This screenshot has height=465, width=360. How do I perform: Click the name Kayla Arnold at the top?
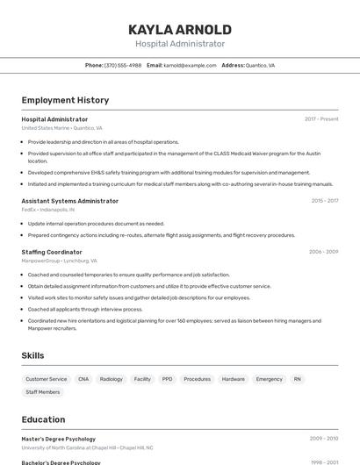pos(180,29)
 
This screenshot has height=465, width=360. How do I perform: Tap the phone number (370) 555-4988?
pos(122,65)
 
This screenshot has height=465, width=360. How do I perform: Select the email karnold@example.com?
pos(190,65)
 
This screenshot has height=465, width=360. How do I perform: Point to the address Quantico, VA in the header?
pos(260,65)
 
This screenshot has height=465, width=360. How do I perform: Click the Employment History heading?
pos(65,100)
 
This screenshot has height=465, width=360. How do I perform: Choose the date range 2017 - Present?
pos(321,119)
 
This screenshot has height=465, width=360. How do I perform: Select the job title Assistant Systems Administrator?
pos(69,201)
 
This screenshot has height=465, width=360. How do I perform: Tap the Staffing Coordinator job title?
pos(52,252)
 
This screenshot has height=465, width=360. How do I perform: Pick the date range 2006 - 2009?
pos(323,252)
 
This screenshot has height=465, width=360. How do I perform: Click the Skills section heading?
pos(33,355)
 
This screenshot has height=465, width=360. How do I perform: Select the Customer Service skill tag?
pos(47,379)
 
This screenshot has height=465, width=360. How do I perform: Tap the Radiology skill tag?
pos(112,379)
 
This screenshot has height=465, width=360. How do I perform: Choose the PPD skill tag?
pos(167,379)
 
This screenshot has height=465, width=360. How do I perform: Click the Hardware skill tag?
pos(234,379)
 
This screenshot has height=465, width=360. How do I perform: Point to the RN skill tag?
pos(298,379)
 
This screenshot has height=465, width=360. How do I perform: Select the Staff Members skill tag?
pos(43,392)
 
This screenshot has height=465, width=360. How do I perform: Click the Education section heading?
pos(44,419)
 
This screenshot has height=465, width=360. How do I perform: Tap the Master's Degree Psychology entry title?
pos(58,439)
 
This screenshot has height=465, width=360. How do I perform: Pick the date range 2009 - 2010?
pos(323,439)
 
